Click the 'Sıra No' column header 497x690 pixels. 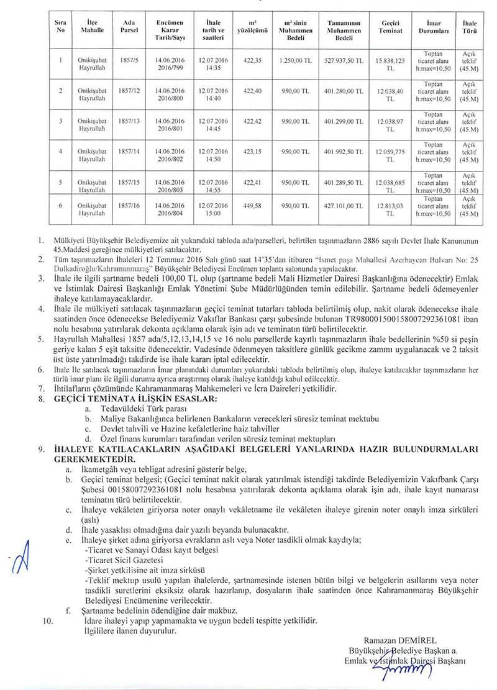coord(60,25)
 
